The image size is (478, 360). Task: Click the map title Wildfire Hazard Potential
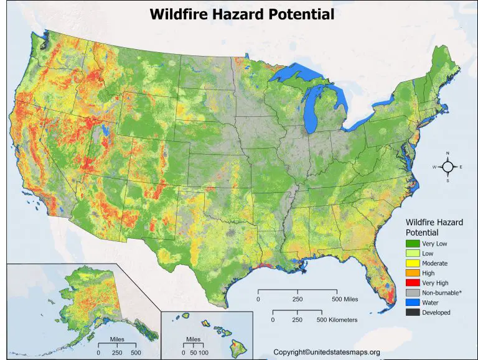(241, 13)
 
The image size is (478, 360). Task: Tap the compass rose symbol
(448, 167)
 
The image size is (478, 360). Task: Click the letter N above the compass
(448, 153)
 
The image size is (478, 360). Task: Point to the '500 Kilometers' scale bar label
(337, 320)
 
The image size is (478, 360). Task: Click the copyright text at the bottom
(335, 352)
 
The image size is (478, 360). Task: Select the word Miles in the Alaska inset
(119, 340)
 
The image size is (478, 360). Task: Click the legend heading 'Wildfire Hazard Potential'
(434, 226)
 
